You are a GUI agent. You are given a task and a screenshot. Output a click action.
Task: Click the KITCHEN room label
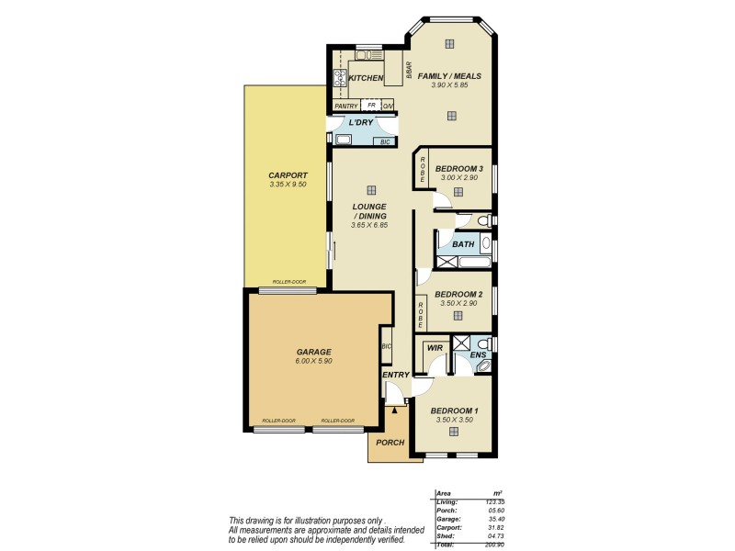(366, 78)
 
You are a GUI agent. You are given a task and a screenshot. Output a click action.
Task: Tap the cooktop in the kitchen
(338, 79)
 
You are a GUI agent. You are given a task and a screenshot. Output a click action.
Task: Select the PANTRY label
(346, 107)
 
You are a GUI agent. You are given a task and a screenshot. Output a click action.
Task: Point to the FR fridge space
(371, 106)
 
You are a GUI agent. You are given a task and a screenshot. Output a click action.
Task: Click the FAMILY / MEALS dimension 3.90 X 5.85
(450, 85)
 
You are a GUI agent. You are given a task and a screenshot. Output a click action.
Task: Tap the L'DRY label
(360, 123)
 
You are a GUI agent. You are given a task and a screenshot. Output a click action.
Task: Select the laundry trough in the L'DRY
(343, 141)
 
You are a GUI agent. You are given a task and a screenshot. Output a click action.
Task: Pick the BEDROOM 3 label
(458, 168)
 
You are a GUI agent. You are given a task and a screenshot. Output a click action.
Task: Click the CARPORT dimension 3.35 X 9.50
(288, 185)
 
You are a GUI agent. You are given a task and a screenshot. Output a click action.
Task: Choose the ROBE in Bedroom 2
(421, 315)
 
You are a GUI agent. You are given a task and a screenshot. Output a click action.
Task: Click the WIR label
(435, 348)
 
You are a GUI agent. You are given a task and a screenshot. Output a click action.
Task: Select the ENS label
(478, 354)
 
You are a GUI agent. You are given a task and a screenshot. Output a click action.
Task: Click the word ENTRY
(395, 375)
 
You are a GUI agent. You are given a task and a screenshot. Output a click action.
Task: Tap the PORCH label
(390, 442)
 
